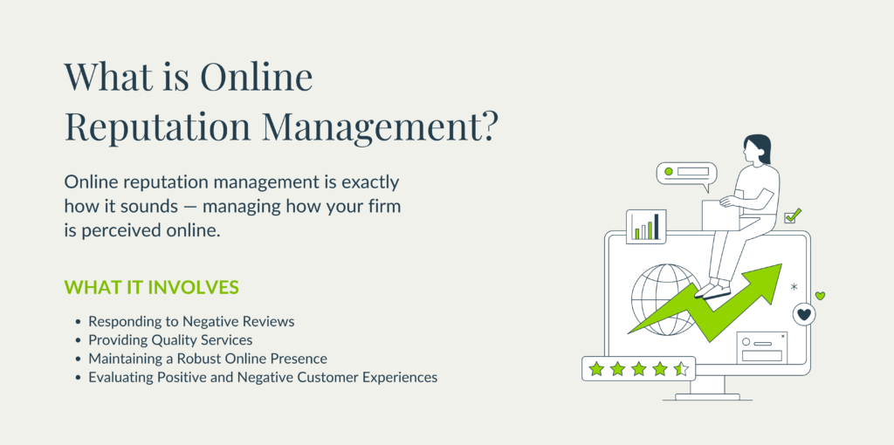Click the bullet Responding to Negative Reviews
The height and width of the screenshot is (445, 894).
191,321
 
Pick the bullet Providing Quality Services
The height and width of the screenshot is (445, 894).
170,339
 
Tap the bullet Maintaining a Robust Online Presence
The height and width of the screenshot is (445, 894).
207,359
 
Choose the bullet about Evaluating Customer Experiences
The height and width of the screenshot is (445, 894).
263,377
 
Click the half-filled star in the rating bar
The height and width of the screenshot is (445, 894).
682,369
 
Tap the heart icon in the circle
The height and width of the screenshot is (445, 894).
804,314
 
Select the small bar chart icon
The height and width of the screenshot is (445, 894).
647,226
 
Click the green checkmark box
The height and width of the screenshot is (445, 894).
792,216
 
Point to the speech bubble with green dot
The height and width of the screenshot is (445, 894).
686,173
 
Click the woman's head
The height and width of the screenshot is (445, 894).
757,149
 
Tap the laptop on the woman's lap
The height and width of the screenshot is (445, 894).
721,214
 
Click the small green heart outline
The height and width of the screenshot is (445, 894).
820,296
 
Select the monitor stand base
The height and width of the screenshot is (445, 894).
707,397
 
